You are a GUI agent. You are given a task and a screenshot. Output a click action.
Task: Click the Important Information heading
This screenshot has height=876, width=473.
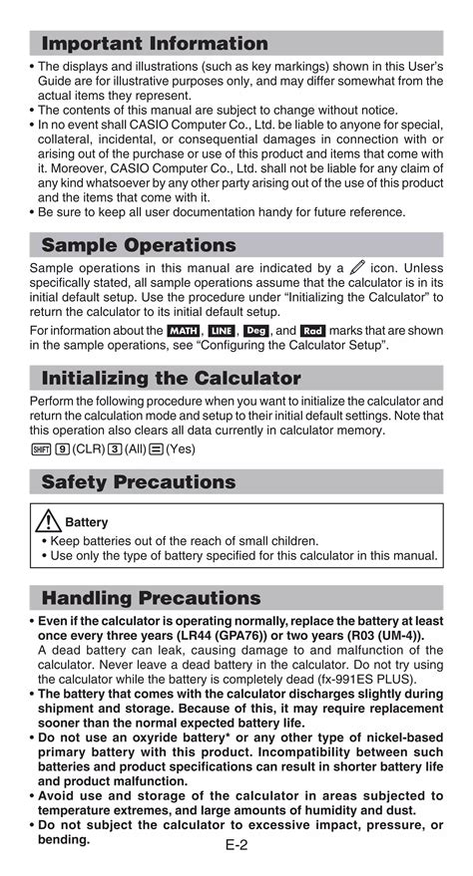[x=155, y=44]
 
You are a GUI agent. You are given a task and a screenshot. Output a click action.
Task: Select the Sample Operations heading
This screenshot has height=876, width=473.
[x=139, y=245]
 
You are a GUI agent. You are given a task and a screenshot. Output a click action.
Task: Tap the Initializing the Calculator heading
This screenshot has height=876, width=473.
[x=171, y=379]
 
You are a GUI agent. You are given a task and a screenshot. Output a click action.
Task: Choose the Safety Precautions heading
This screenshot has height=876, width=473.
[x=139, y=482]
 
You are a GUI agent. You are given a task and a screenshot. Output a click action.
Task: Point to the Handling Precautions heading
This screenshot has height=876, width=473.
[x=151, y=599]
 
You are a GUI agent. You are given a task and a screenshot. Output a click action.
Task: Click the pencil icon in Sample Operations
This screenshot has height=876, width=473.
[x=357, y=268]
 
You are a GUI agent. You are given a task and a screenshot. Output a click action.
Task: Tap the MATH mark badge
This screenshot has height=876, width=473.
[x=184, y=330]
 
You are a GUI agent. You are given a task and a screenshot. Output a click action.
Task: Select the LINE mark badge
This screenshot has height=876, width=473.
[x=221, y=330]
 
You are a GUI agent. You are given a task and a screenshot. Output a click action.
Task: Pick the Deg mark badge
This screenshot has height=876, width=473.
[x=256, y=330]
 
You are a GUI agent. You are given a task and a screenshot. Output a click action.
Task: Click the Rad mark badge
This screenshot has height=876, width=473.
[x=312, y=330]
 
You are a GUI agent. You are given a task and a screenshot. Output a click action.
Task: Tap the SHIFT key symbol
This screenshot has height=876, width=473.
[x=39, y=449]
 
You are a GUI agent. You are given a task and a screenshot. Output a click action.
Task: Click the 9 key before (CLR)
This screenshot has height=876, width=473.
[x=62, y=449]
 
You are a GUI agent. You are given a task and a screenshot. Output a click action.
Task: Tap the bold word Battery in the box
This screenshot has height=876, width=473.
[x=88, y=522]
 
